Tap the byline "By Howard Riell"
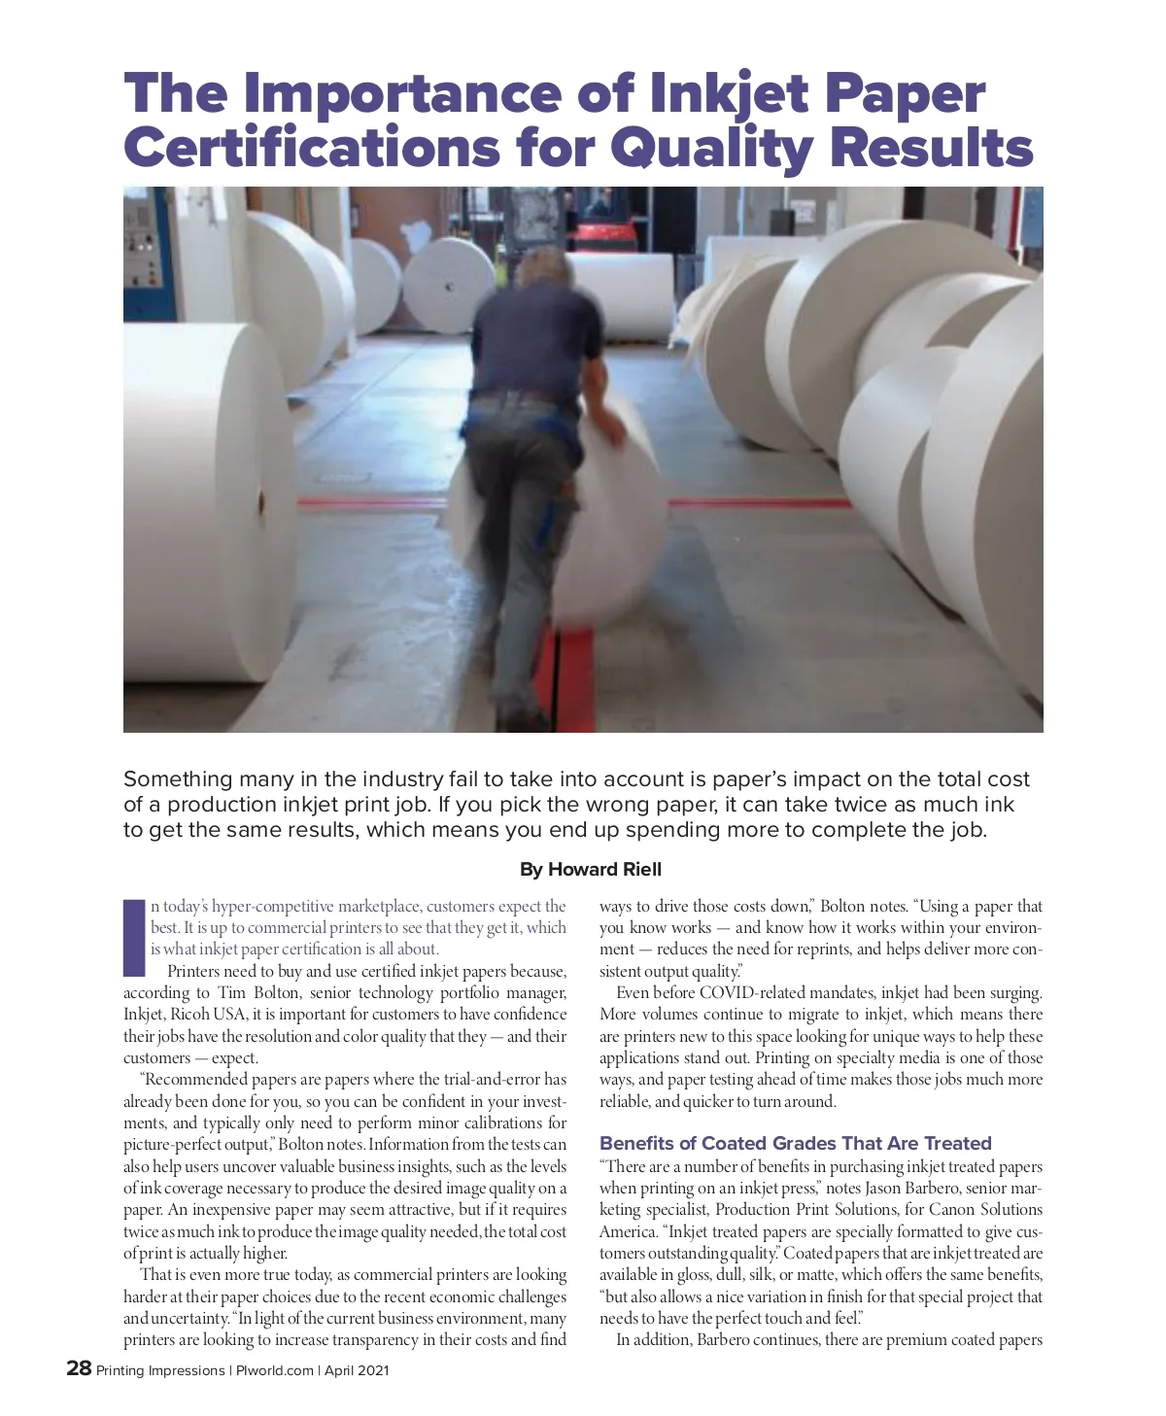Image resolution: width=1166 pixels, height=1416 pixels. pos(591,869)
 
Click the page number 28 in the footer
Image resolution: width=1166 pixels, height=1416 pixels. pos(79,1369)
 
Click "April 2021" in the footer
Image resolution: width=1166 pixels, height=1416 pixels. pos(357,1371)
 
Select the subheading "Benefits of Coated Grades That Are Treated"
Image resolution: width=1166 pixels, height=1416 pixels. pos(795,1143)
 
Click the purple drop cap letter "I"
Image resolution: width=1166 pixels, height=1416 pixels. pos(133,937)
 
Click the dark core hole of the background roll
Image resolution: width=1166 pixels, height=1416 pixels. pos(449,288)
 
